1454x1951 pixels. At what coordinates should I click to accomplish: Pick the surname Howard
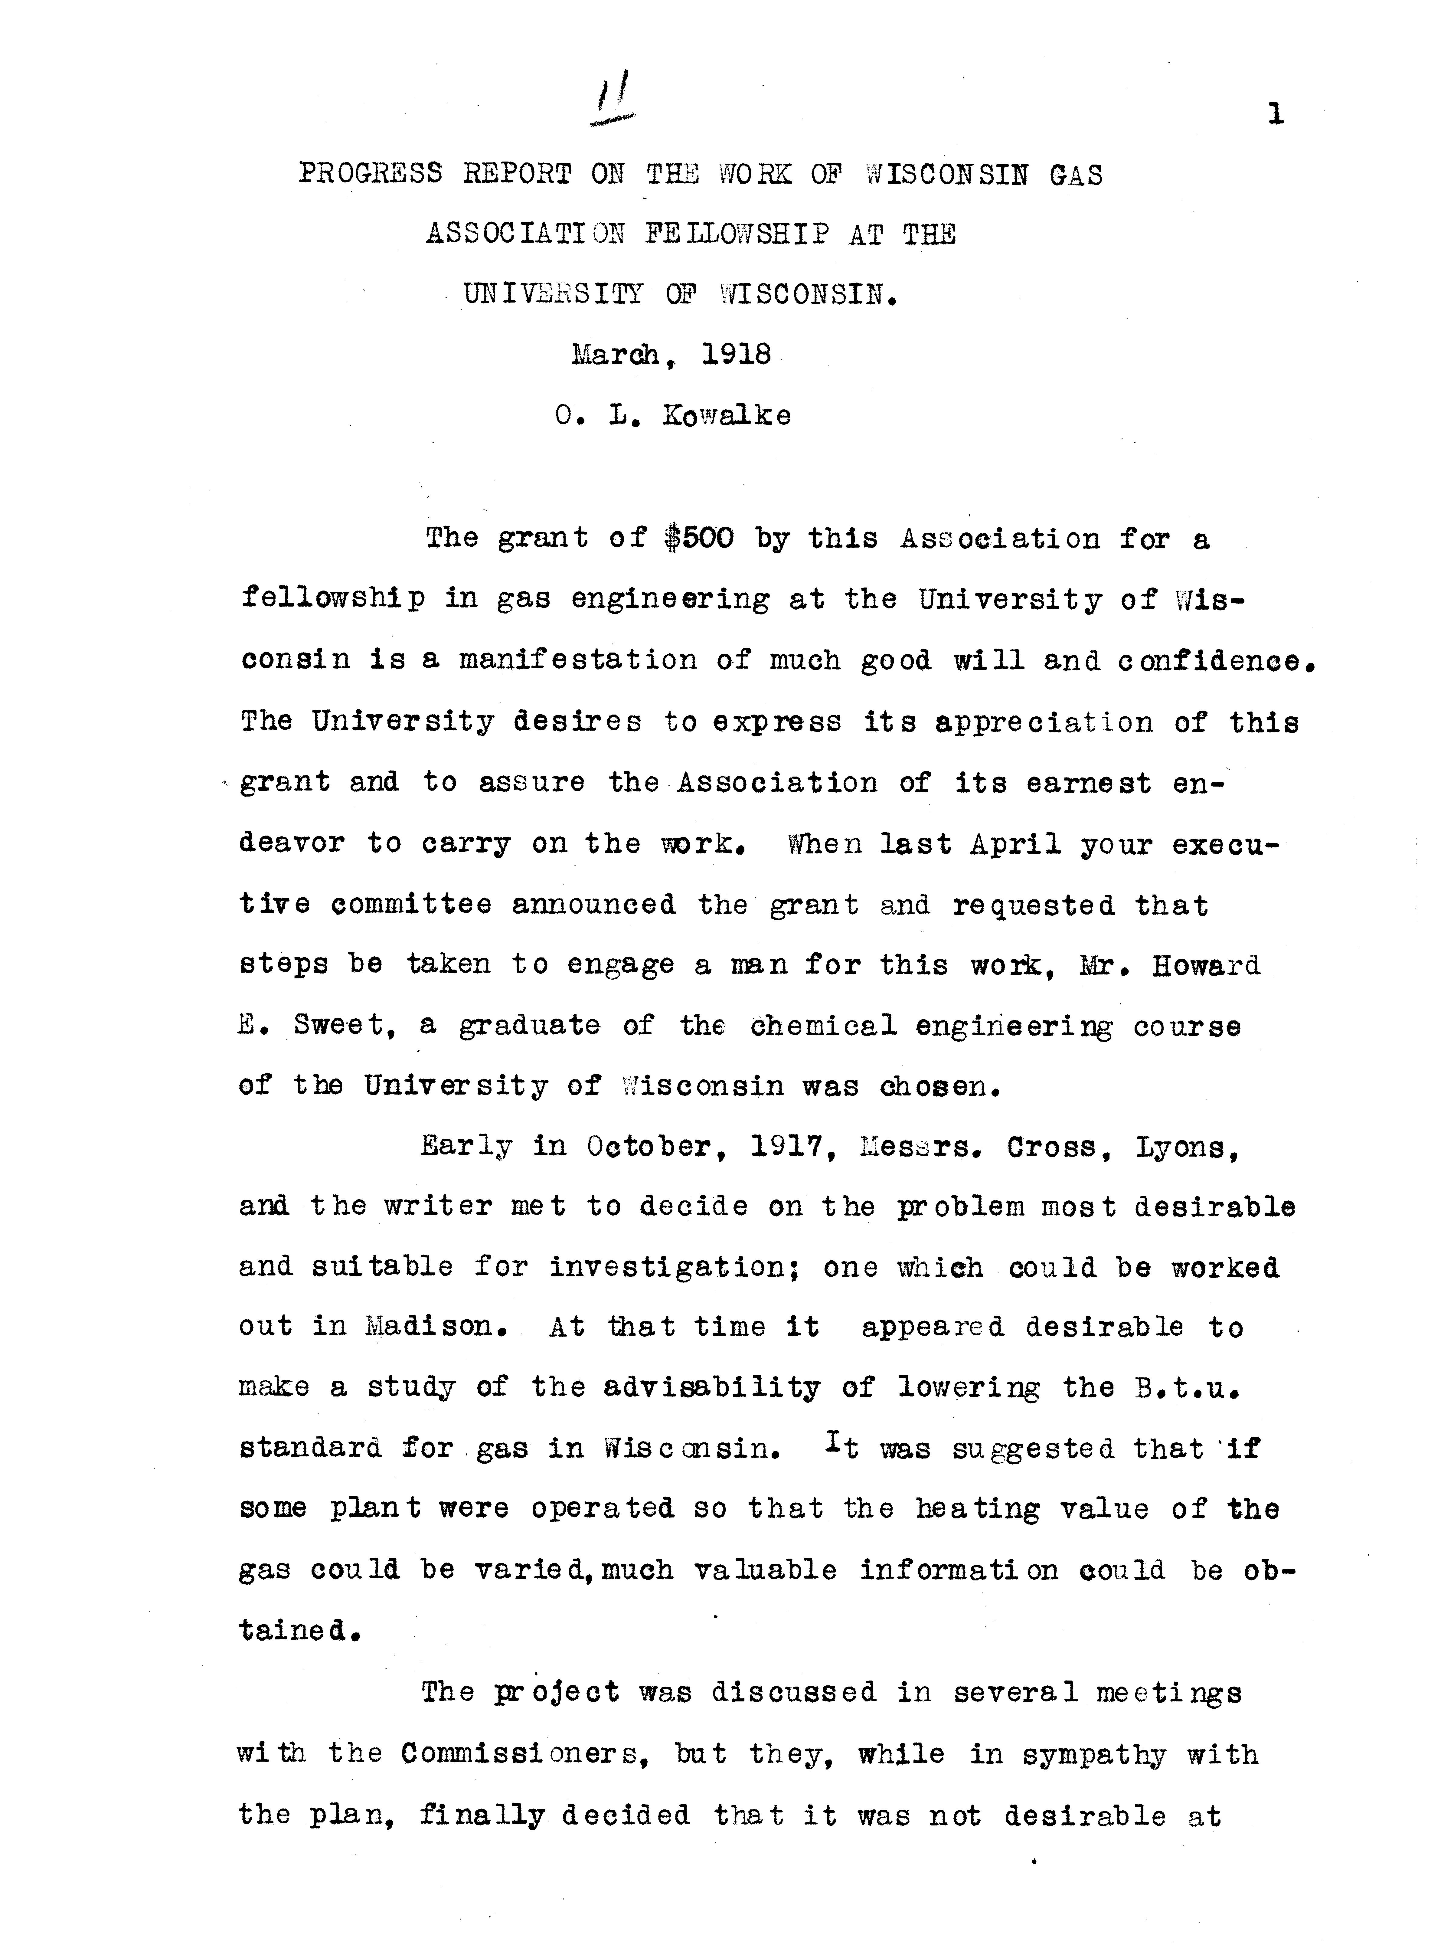point(1207,966)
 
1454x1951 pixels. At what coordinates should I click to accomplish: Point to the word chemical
point(824,1026)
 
